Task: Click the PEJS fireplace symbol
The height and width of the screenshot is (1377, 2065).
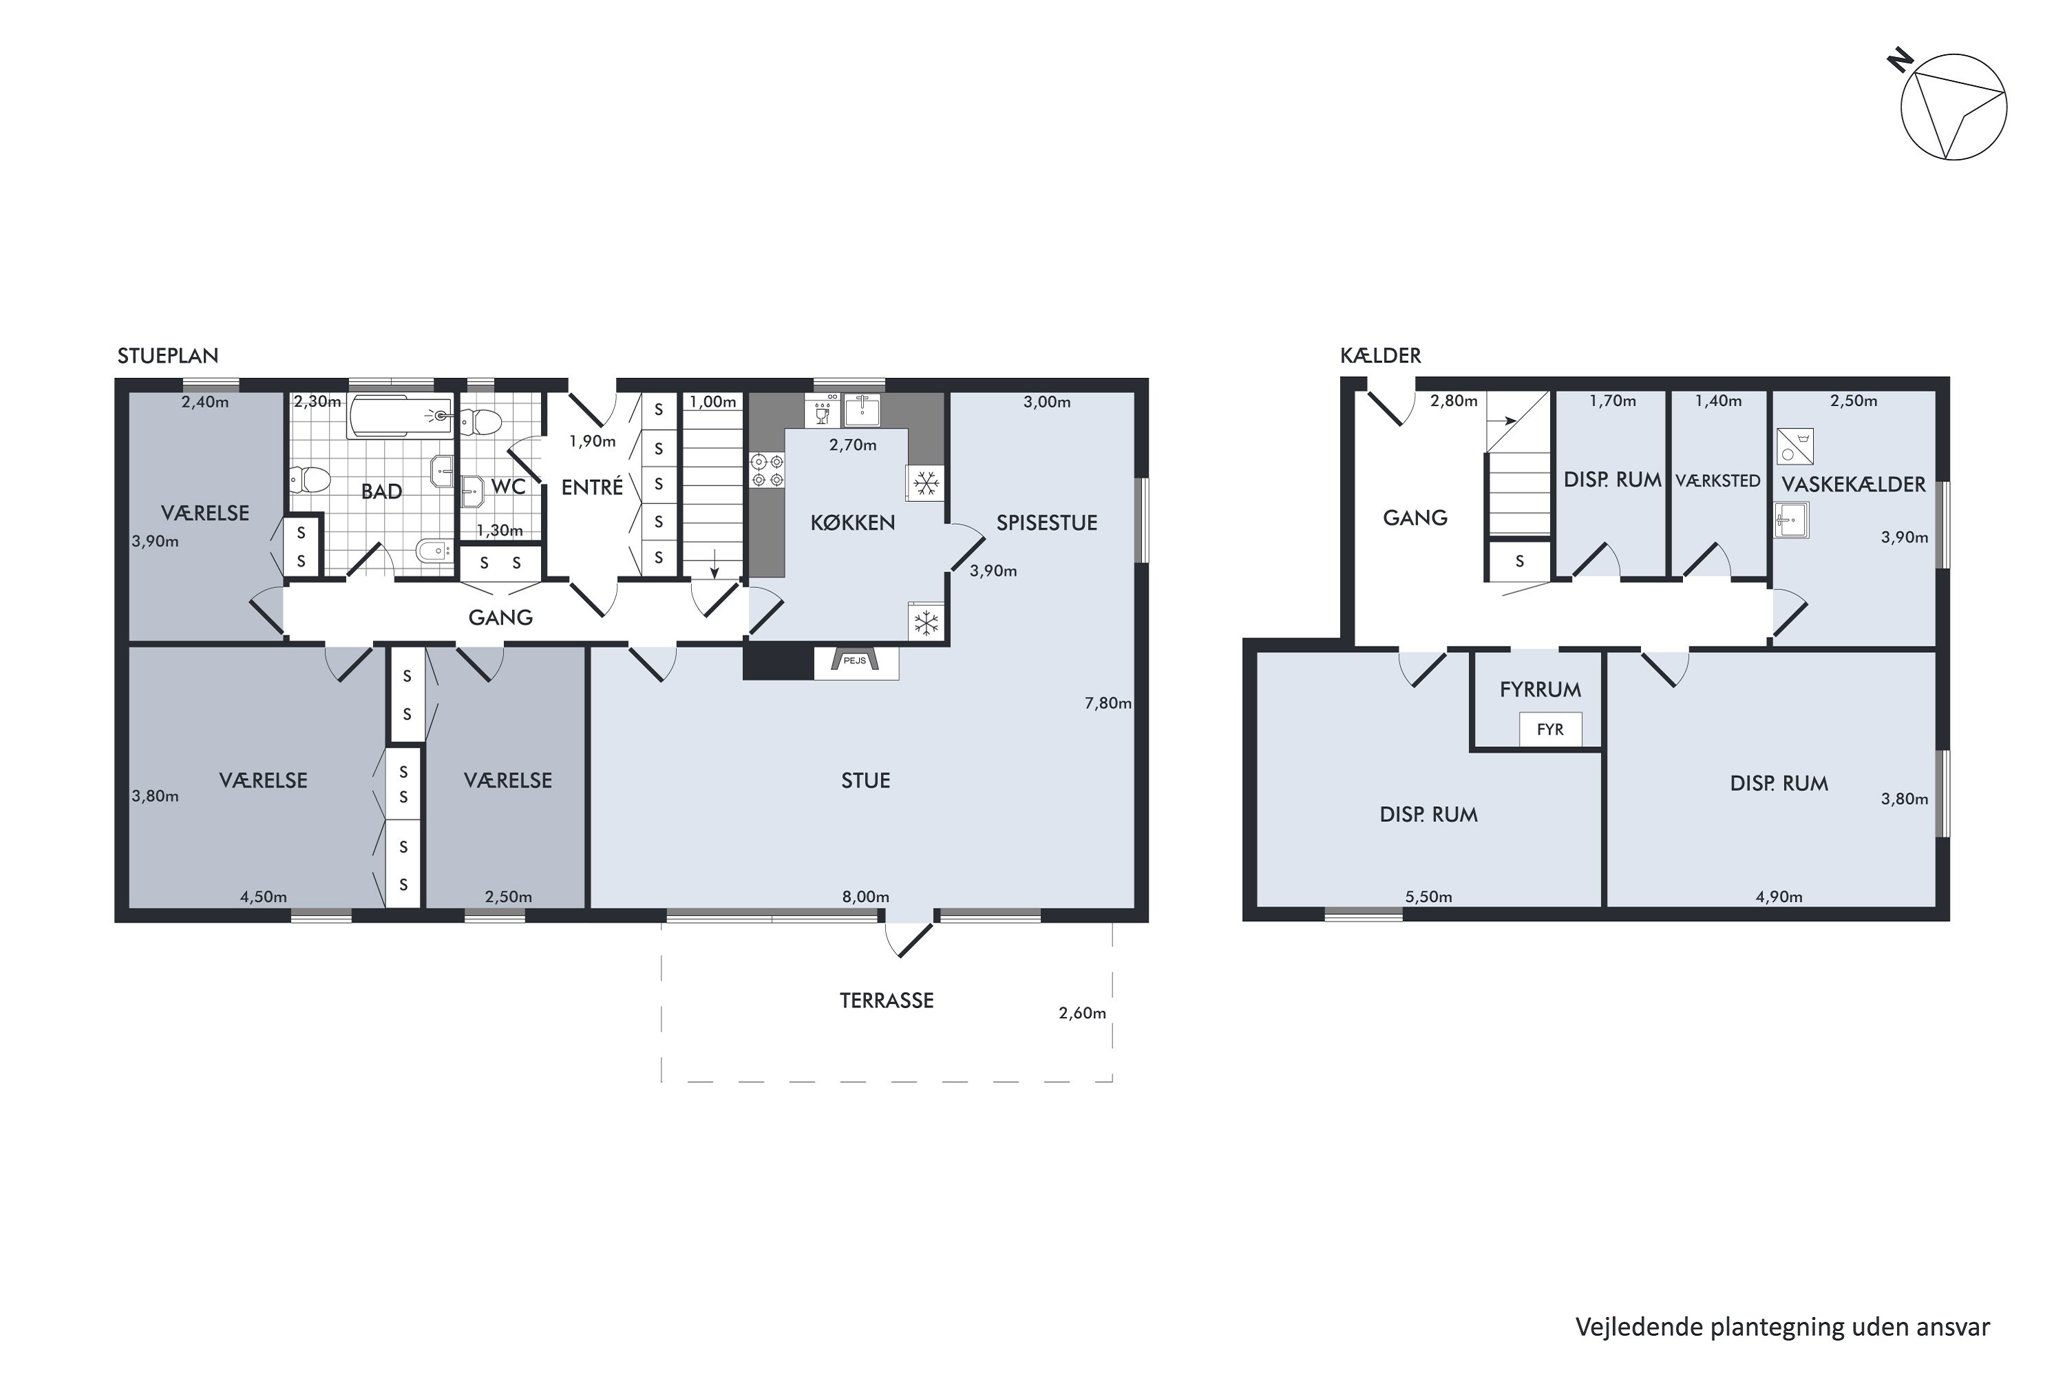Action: pos(856,663)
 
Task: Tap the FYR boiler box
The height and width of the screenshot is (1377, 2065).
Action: pos(1551,730)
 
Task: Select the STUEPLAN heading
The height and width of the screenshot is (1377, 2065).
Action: pos(168,356)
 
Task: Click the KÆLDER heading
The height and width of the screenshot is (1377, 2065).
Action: pos(1380,356)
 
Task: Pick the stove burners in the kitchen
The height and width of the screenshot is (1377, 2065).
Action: pos(767,470)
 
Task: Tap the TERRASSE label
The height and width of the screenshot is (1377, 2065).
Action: pos(887,1000)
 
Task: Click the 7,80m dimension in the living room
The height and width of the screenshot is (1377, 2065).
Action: pos(1108,704)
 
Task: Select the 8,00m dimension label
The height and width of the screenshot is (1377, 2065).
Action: pos(866,896)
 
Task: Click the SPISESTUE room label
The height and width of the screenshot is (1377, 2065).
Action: pos(1046,523)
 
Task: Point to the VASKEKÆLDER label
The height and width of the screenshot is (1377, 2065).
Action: pos(1854,484)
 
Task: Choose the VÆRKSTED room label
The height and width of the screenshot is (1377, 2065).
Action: pos(1718,481)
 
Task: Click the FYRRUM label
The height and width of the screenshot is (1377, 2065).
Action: pos(1541,689)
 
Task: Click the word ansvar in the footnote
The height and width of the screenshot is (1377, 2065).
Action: pos(1953,1327)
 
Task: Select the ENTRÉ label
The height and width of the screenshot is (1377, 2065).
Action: pos(592,487)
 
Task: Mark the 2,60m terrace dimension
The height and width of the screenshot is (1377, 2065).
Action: pos(1083,1013)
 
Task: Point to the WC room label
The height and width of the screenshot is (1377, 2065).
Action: pos(509,487)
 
